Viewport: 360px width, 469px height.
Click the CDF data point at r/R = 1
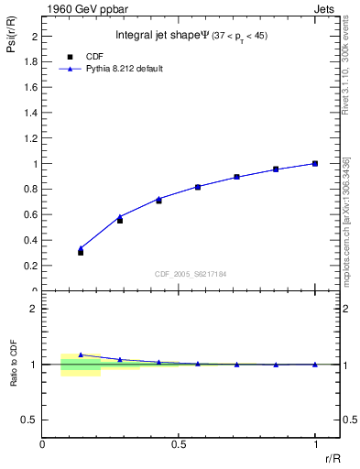point(315,164)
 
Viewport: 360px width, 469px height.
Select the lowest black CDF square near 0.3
point(81,252)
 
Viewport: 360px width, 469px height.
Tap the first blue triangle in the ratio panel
point(81,354)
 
